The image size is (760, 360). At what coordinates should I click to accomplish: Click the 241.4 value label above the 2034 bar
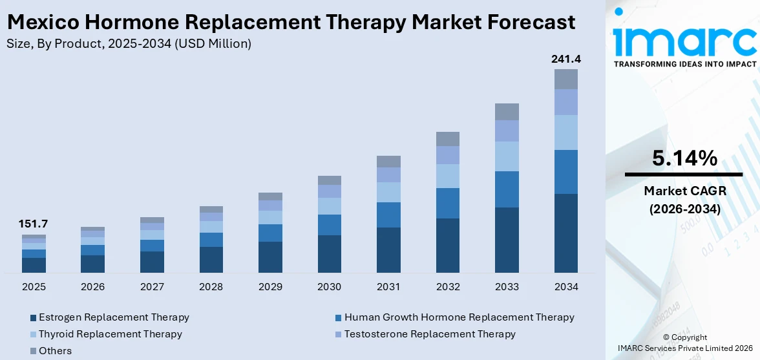[x=565, y=59]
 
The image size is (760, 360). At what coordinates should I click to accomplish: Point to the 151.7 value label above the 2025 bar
[x=34, y=224]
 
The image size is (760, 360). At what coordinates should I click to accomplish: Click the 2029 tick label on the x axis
[x=270, y=286]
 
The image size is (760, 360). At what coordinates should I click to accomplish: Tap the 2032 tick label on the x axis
[x=448, y=286]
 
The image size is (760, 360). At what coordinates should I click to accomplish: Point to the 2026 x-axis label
[x=92, y=286]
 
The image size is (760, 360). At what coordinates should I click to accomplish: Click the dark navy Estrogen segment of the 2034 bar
[x=565, y=233]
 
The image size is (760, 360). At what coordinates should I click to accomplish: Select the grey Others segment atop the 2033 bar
[x=507, y=112]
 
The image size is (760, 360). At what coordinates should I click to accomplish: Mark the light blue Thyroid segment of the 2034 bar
[x=565, y=132]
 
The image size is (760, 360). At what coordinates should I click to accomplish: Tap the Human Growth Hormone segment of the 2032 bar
[x=448, y=203]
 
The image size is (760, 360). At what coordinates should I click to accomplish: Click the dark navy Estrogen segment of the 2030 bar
[x=330, y=253]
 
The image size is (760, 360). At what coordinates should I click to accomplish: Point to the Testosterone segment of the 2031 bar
[x=388, y=175]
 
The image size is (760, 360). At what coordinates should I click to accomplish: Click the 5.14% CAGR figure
[x=684, y=158]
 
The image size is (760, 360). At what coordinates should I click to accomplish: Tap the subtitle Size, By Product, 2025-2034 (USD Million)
[x=129, y=44]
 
